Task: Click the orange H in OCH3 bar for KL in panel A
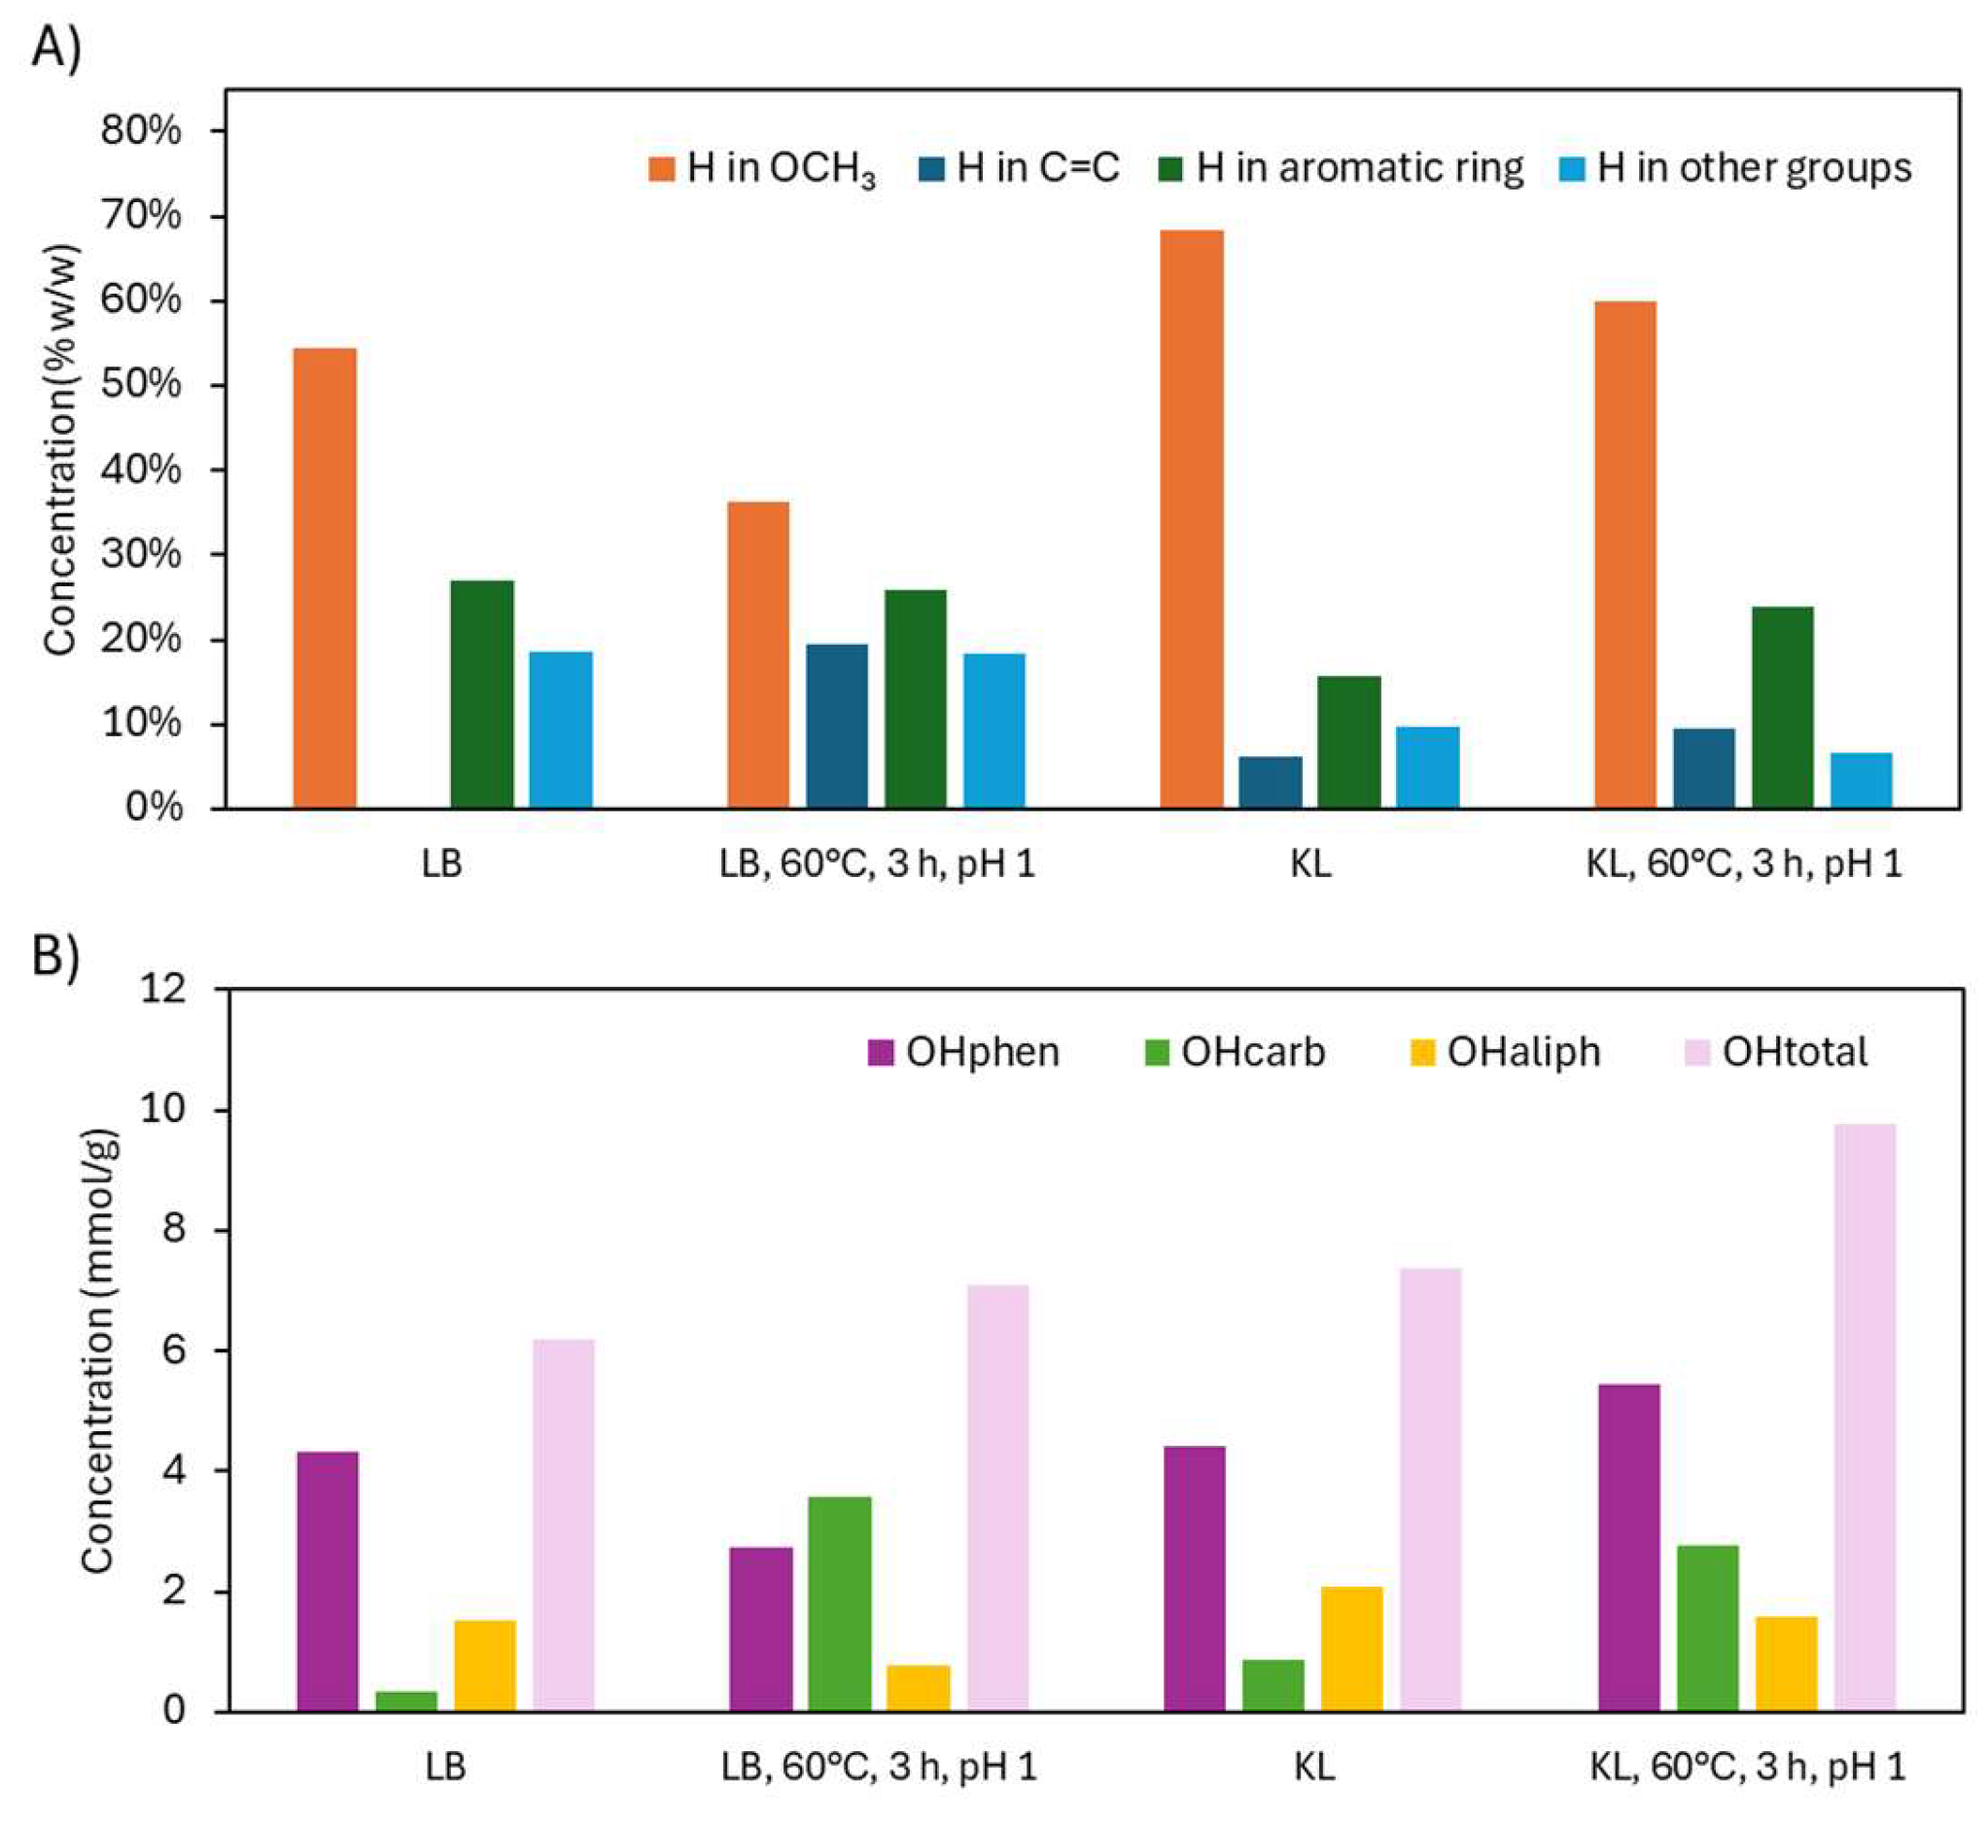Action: tap(1191, 519)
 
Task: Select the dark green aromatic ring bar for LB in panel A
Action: tap(482, 694)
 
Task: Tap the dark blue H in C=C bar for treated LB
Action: tap(837, 726)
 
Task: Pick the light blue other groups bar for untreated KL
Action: tap(1428, 767)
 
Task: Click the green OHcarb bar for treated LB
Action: tap(840, 1603)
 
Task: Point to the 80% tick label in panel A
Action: tap(141, 130)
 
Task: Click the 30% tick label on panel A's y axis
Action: tap(141, 554)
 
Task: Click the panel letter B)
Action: tap(55, 954)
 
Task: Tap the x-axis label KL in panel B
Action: tap(1313, 1766)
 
